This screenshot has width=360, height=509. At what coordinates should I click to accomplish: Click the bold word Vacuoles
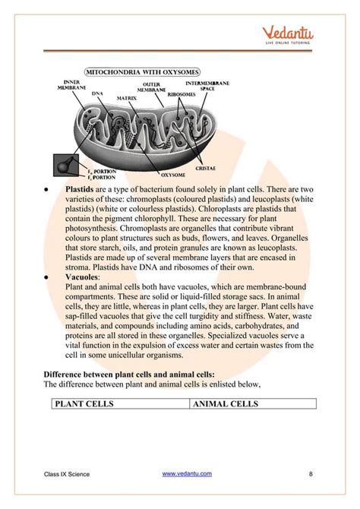[x=84, y=278]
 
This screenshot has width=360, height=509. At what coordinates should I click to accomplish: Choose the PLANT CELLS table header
[x=84, y=404]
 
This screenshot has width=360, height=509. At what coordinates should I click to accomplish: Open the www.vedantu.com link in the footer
[x=188, y=474]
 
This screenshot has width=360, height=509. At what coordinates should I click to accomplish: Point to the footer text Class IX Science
[x=67, y=475]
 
